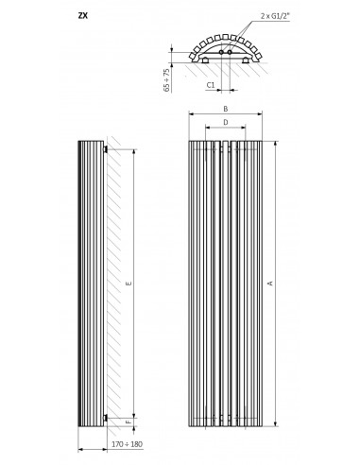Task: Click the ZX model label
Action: (x=83, y=15)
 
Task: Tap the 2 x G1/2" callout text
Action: (x=275, y=16)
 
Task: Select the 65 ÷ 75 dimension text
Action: (x=166, y=80)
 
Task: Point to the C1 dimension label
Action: (x=211, y=85)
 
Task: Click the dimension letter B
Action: (x=226, y=109)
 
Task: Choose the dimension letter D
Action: (x=226, y=122)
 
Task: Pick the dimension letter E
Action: (x=129, y=284)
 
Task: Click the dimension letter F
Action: (x=129, y=422)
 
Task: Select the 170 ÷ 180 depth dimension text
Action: (x=127, y=444)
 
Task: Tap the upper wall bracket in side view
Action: (x=106, y=149)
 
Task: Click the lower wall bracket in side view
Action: (x=106, y=418)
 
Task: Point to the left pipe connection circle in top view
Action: (x=222, y=52)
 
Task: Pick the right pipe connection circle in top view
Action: (x=230, y=52)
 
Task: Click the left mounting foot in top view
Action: (x=205, y=60)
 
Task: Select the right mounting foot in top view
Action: (x=246, y=60)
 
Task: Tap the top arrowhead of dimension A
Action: (x=276, y=144)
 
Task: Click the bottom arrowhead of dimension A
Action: (x=276, y=423)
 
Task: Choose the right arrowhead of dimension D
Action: (x=243, y=128)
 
